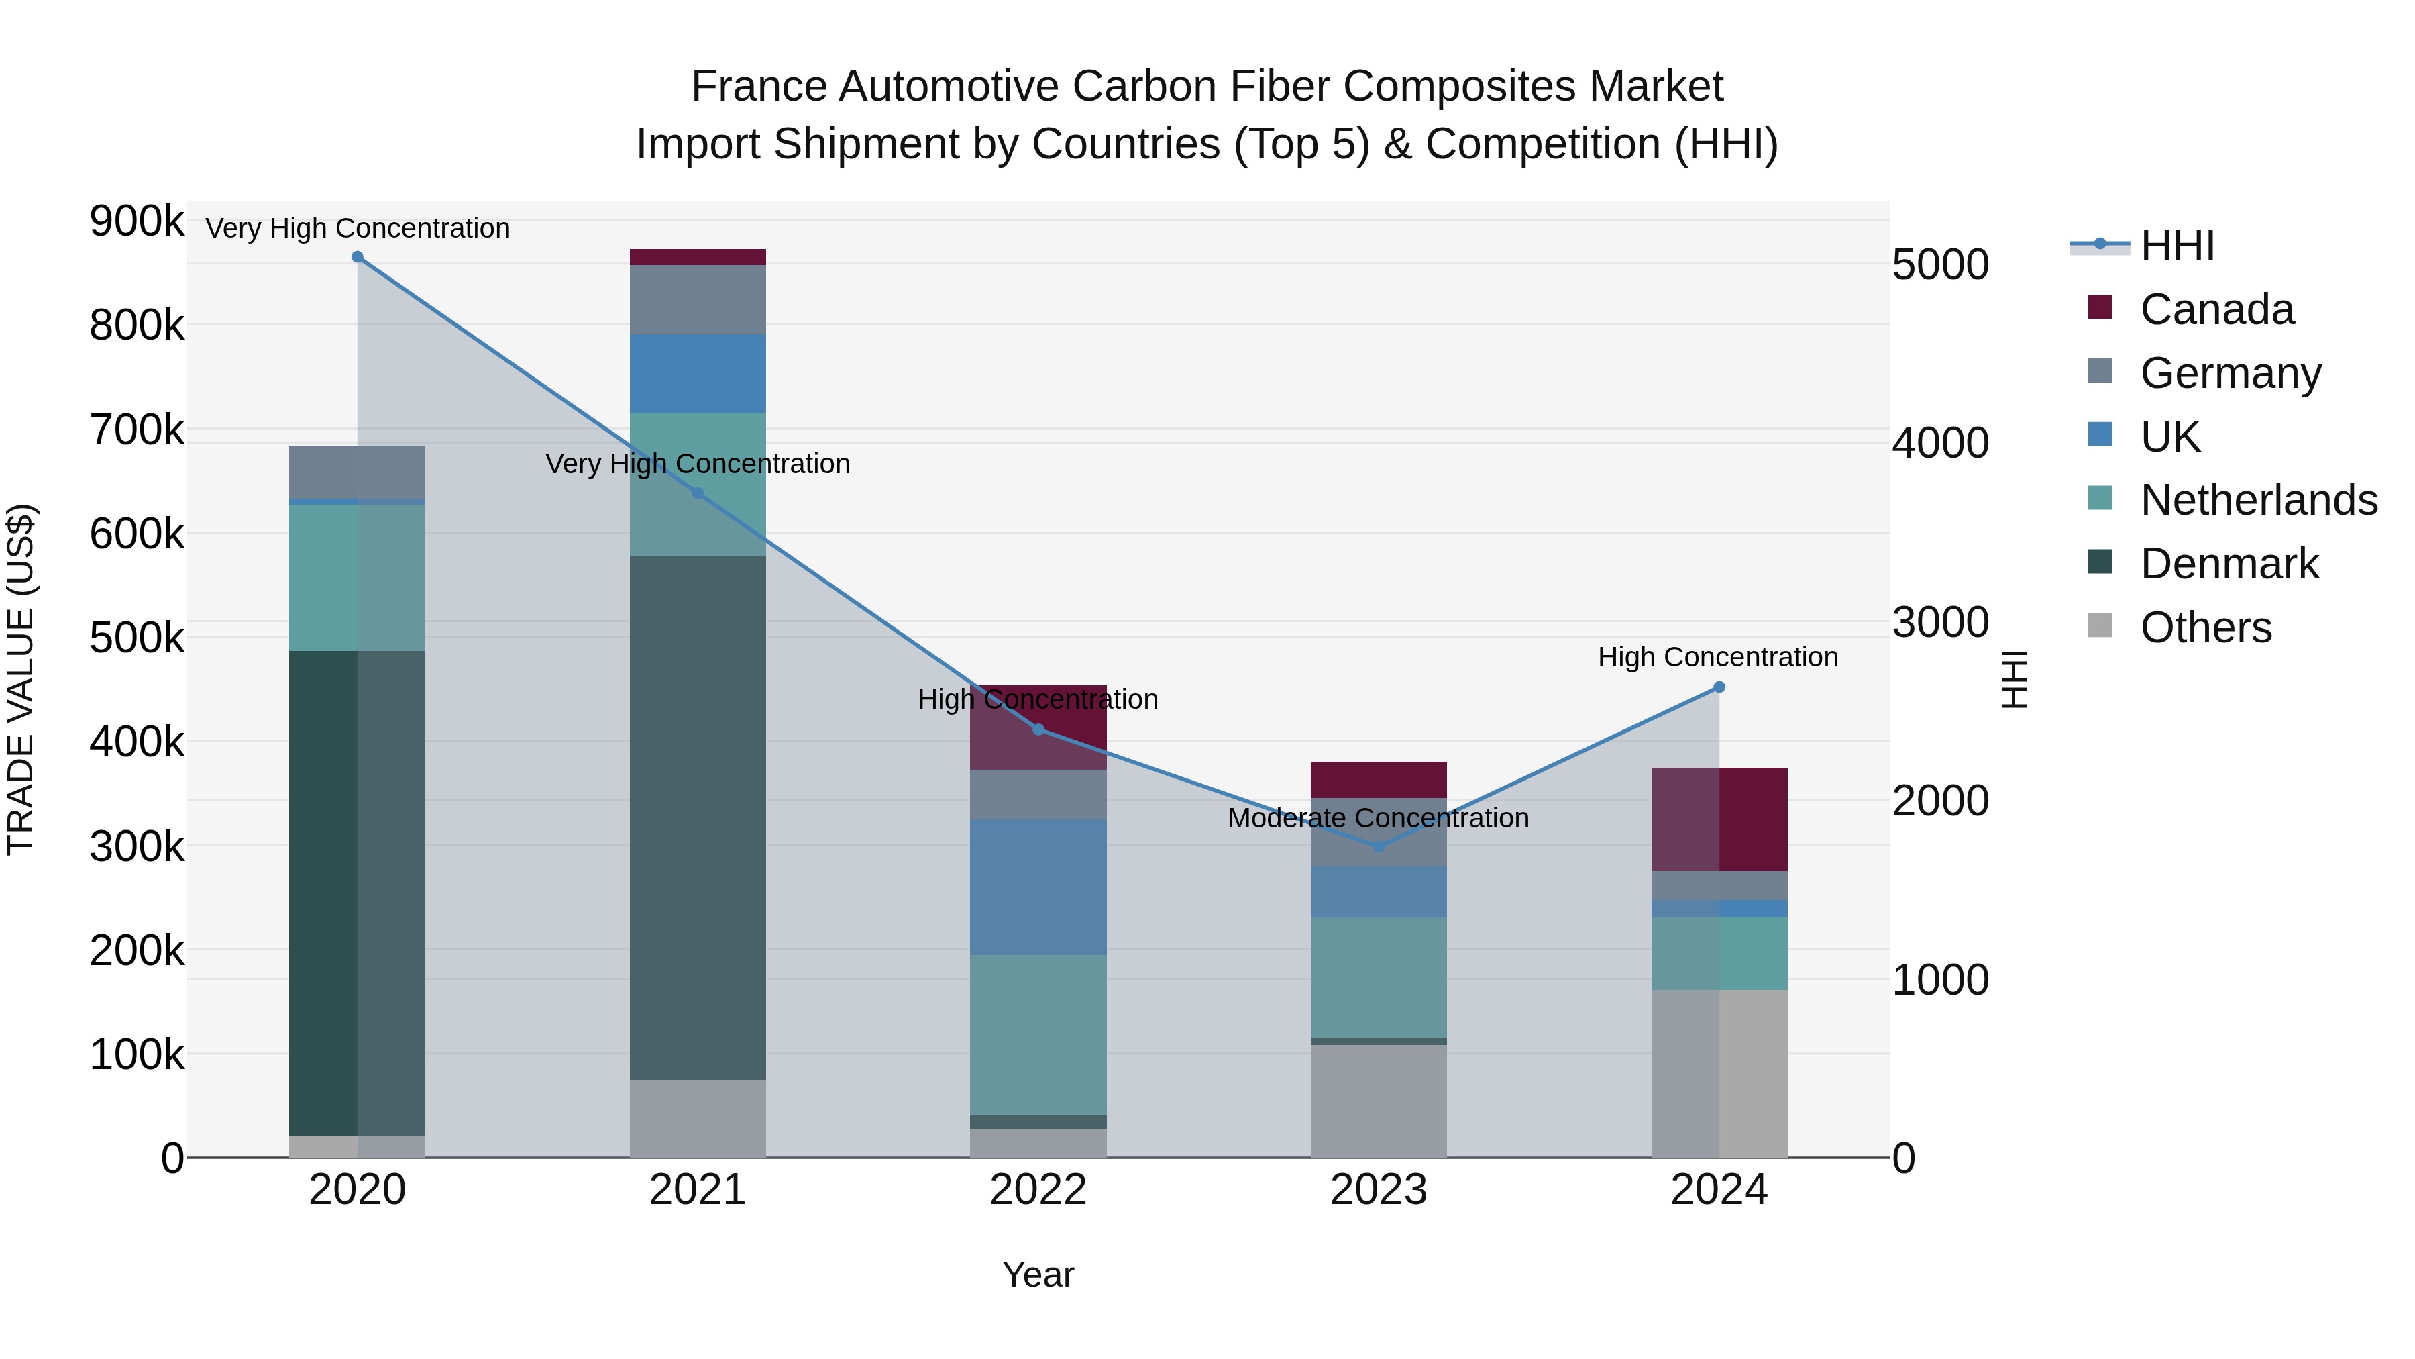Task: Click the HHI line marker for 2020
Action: (x=357, y=257)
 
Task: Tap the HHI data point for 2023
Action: (x=1378, y=847)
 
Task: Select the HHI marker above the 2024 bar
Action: (x=1719, y=687)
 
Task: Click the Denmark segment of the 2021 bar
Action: (x=698, y=816)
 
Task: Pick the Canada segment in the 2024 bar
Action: (x=1719, y=819)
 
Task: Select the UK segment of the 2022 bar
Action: (x=1038, y=887)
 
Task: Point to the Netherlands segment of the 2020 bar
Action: (x=357, y=576)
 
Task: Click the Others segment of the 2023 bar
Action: (x=1378, y=1099)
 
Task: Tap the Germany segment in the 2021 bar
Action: (x=698, y=299)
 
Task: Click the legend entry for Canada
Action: (x=2216, y=309)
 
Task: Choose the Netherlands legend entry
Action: (x=2257, y=500)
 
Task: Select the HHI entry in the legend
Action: (x=2177, y=246)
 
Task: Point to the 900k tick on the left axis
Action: (x=137, y=222)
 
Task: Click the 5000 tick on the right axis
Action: (x=1939, y=264)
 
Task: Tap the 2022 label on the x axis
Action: (x=1038, y=1190)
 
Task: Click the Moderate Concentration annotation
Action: (x=1377, y=818)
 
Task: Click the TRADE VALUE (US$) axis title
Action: (x=21, y=679)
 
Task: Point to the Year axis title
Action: (x=1038, y=1274)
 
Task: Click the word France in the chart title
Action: (x=760, y=87)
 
